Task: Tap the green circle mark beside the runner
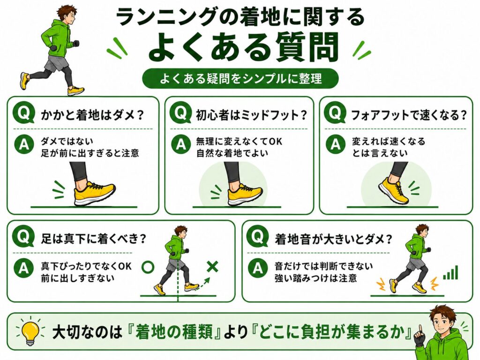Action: [148, 267]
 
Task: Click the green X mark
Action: [212, 267]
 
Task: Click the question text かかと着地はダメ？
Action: [92, 115]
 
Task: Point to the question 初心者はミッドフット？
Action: [251, 115]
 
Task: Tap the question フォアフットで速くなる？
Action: [409, 115]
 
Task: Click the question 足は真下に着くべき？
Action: [94, 239]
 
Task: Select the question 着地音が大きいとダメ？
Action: [333, 239]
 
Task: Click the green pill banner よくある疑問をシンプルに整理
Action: [240, 79]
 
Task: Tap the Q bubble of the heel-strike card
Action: [24, 113]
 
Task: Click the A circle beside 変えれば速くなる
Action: [335, 144]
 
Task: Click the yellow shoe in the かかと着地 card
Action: [94, 194]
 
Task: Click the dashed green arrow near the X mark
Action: [202, 284]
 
